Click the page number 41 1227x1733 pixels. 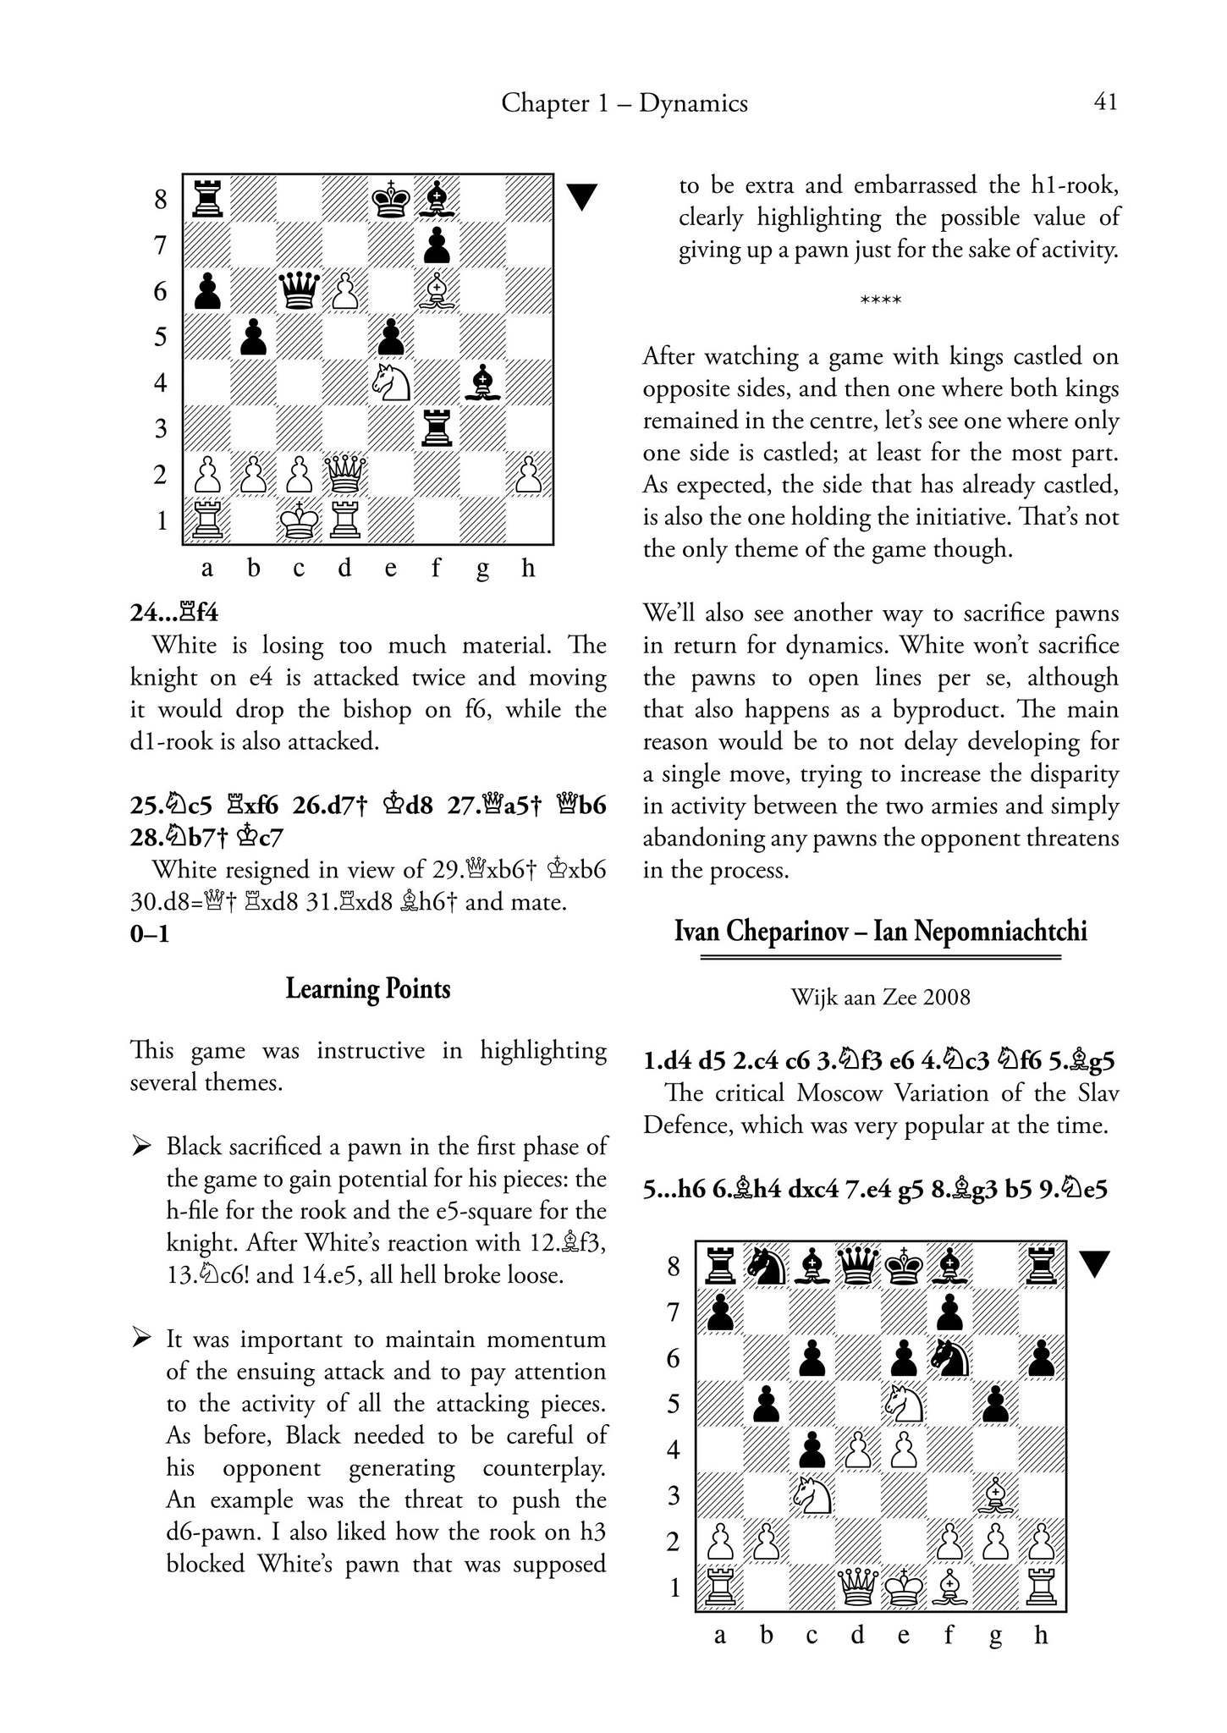click(x=1105, y=102)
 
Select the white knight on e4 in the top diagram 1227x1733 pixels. click(x=391, y=382)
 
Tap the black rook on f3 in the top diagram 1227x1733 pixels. click(x=437, y=428)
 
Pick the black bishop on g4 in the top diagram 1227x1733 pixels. click(x=482, y=382)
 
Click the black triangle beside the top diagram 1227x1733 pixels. click(x=581, y=197)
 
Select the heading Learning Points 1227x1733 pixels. click(x=367, y=988)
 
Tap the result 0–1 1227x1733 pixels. click(x=149, y=935)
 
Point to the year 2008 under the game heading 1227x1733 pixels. click(x=947, y=998)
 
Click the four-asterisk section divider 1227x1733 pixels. click(x=880, y=301)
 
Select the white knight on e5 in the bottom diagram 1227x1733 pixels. click(x=903, y=1404)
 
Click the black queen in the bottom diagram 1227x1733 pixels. click(x=857, y=1267)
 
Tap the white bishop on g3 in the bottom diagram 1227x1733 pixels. click(x=995, y=1496)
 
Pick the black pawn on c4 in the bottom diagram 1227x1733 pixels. click(x=812, y=1450)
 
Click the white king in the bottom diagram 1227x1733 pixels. click(x=903, y=1587)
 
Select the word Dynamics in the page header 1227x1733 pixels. click(x=693, y=103)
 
